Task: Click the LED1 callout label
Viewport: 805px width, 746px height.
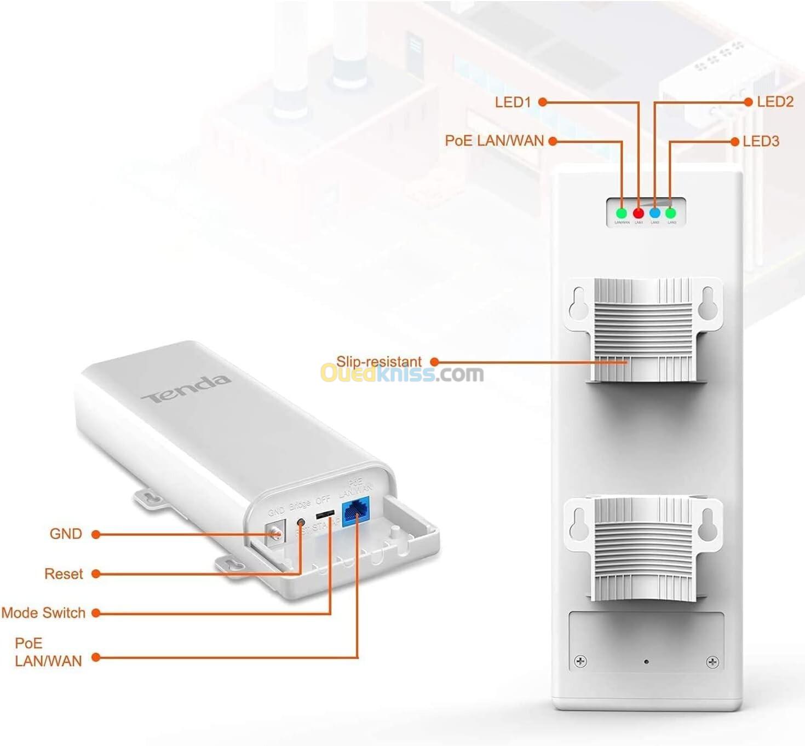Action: point(513,102)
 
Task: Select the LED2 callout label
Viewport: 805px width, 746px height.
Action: point(775,102)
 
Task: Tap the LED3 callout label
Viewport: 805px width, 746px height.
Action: point(761,141)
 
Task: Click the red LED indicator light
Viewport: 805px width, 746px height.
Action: point(638,213)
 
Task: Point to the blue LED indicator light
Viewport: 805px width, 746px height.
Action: point(654,213)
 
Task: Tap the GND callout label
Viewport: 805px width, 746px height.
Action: point(66,534)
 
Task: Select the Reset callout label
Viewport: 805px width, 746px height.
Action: point(64,574)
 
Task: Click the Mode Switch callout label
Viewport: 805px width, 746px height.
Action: point(43,612)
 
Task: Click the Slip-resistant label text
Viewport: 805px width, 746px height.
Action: point(378,361)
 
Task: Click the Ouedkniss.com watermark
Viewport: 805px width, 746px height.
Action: point(402,374)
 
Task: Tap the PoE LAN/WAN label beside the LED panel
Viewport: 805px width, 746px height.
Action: point(494,141)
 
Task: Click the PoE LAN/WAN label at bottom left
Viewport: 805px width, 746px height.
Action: point(48,652)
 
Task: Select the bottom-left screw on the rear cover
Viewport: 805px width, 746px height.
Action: point(580,662)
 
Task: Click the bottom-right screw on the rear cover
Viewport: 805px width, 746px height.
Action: point(712,662)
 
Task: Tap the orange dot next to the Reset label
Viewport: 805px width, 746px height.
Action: point(96,574)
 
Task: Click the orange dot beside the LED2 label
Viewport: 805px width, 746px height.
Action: point(749,102)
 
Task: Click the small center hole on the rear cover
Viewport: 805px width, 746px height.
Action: point(646,662)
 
